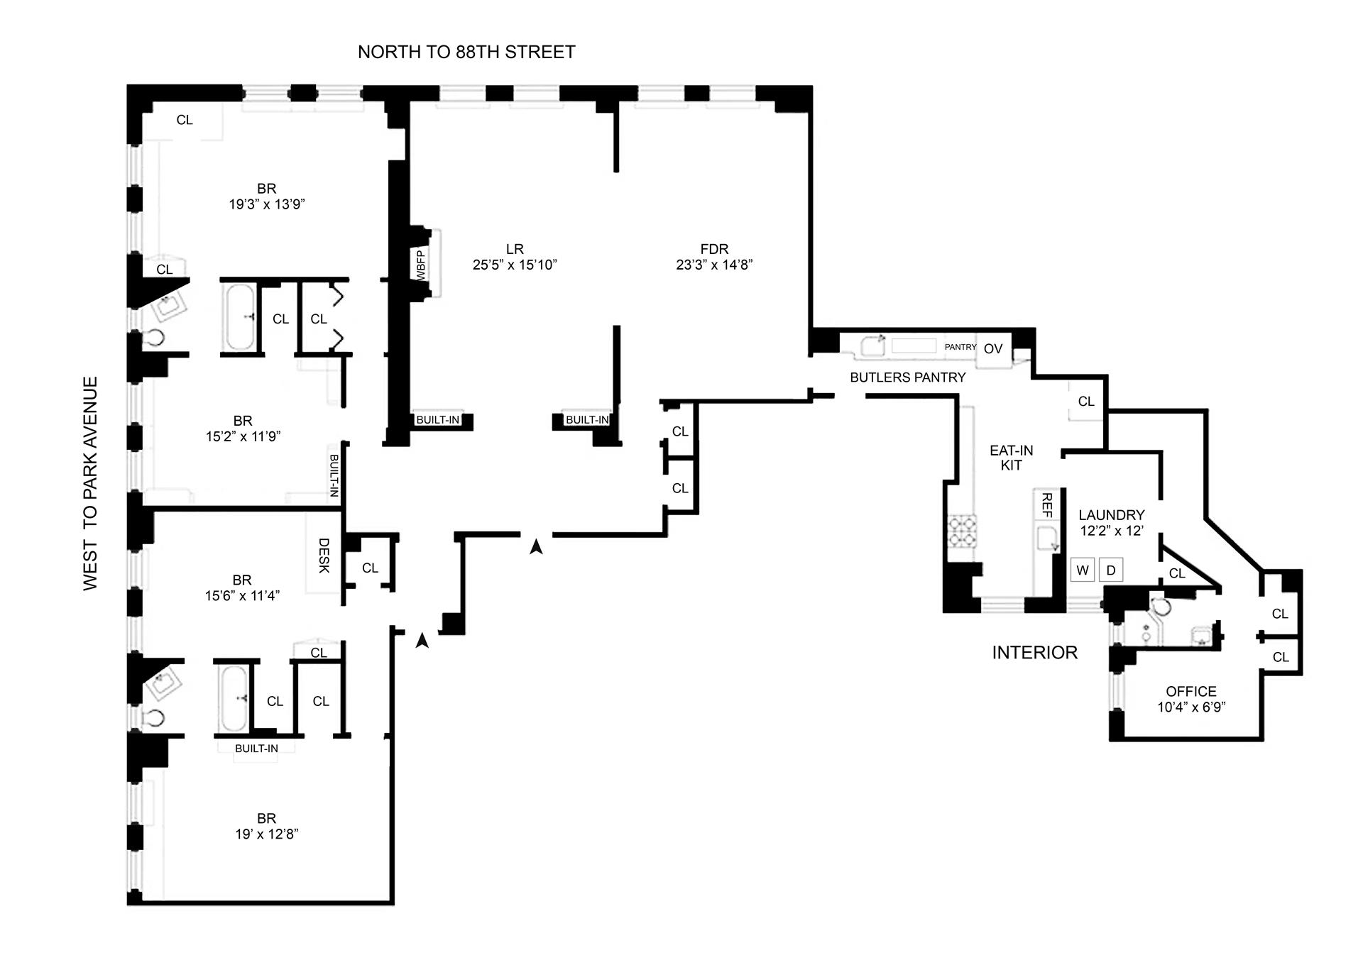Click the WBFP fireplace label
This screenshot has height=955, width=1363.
coord(420,264)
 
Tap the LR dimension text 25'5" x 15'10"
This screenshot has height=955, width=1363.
coord(515,265)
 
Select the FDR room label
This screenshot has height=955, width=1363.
coord(714,249)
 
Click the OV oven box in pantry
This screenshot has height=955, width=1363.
coord(993,349)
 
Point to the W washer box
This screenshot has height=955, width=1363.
coord(1083,570)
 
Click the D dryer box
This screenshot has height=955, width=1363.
coord(1111,570)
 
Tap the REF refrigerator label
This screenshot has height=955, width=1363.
coord(1046,505)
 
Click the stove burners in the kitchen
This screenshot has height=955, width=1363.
coord(963,531)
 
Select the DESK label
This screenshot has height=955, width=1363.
coord(324,555)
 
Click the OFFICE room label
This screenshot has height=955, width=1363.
coord(1191,691)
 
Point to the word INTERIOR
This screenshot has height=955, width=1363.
coord(1034,653)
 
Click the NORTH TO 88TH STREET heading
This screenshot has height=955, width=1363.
coord(466,52)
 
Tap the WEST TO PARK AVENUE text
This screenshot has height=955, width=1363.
coord(90,483)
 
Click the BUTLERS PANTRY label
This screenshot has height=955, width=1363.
coord(908,377)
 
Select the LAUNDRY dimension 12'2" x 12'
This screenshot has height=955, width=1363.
coord(1111,530)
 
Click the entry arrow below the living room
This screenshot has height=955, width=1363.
coord(537,546)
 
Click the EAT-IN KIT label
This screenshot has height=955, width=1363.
coord(1012,458)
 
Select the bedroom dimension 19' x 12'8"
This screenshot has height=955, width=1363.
coord(267,834)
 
